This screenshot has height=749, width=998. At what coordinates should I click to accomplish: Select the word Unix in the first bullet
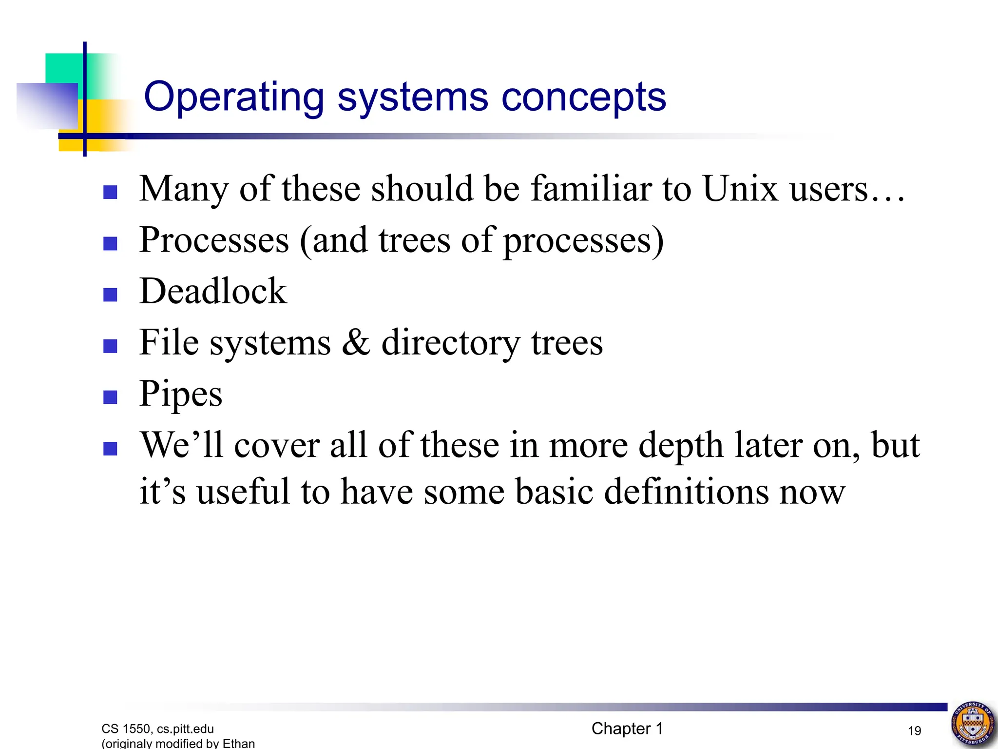click(x=740, y=189)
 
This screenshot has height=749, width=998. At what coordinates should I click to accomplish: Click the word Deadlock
click(x=213, y=291)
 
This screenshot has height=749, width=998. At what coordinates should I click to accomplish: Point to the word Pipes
click(x=181, y=394)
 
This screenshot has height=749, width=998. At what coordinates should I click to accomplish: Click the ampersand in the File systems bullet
click(x=356, y=342)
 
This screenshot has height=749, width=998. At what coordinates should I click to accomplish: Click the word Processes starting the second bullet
click(x=214, y=240)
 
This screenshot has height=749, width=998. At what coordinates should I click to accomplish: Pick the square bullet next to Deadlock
click(x=111, y=295)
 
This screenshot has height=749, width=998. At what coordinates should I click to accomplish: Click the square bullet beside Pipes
click(x=111, y=397)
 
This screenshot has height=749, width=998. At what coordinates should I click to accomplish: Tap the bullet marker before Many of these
click(x=111, y=192)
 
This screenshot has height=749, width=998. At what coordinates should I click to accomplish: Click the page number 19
click(x=914, y=730)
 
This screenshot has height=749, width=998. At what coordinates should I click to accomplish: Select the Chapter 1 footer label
click(x=627, y=729)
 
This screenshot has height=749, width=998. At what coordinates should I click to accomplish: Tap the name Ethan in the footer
click(x=238, y=743)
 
